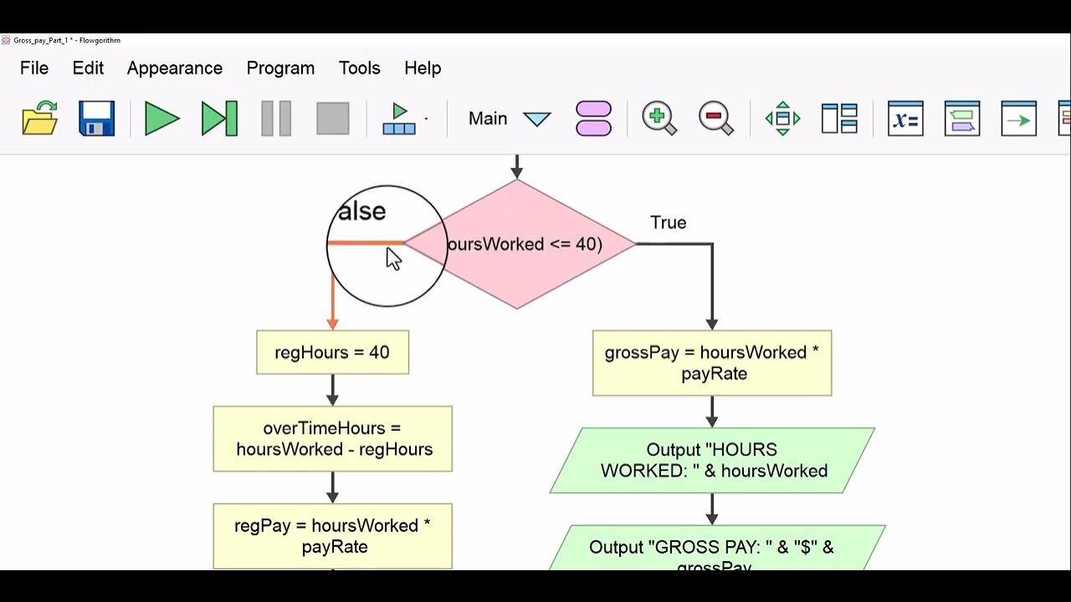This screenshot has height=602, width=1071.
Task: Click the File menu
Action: (x=34, y=69)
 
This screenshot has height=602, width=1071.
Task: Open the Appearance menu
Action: (x=175, y=69)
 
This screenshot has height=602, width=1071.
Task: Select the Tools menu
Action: (x=360, y=69)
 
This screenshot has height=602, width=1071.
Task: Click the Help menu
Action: (x=423, y=69)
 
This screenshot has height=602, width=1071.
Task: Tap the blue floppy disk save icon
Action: (x=96, y=119)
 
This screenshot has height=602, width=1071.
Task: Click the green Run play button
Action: (x=162, y=119)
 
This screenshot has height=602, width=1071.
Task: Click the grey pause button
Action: (x=276, y=119)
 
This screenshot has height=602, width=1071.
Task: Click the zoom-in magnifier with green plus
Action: (x=659, y=119)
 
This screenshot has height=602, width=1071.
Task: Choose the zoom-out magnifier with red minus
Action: (x=716, y=119)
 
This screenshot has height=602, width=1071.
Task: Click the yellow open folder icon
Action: (x=39, y=119)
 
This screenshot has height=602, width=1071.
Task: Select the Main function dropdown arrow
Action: (x=536, y=120)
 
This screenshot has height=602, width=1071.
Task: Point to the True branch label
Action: (x=668, y=222)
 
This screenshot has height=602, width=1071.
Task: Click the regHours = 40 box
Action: (x=332, y=352)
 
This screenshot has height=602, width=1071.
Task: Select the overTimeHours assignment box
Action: (x=332, y=439)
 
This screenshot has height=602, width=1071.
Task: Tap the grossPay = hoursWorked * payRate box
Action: (x=712, y=363)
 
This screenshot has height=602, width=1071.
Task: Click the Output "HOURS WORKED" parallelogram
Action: (x=712, y=461)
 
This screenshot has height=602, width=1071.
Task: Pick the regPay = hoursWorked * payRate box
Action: (x=332, y=536)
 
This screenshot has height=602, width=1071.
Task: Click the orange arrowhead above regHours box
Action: (x=332, y=323)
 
